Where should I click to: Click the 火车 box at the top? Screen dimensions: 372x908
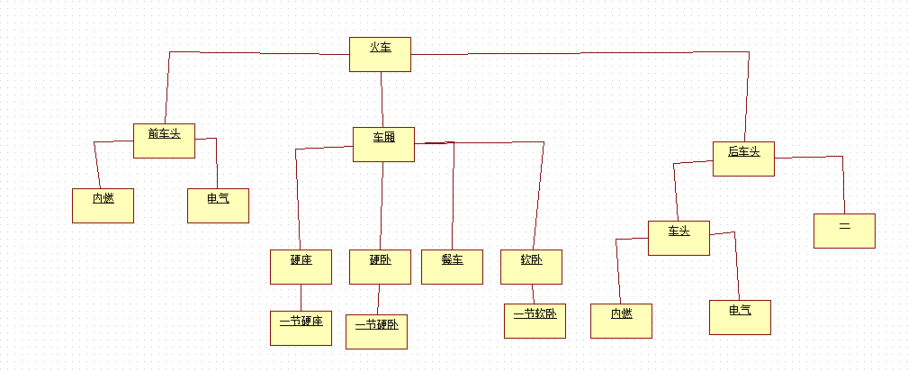[x=380, y=54]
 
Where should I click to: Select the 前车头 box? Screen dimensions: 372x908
[x=164, y=141]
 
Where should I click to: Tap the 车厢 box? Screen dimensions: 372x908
[x=383, y=144]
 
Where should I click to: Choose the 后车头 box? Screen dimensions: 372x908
[x=743, y=159]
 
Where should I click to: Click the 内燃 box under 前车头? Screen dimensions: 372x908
[x=103, y=205]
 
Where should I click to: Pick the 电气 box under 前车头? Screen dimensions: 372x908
[x=218, y=205]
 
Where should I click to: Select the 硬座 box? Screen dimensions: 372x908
[x=301, y=268]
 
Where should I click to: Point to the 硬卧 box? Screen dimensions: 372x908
[x=380, y=268]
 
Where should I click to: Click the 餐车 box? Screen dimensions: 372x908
[x=452, y=268]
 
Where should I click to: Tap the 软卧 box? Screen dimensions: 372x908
[x=531, y=268]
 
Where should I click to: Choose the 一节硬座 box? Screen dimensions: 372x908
[x=301, y=328]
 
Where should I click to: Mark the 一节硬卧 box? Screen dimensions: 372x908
[x=376, y=331]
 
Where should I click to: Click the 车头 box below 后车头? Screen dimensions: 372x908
[x=679, y=238]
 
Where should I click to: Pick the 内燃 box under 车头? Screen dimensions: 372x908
[x=621, y=321]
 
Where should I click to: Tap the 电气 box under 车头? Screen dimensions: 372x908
[x=740, y=317]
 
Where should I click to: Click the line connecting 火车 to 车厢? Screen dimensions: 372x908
[x=382, y=99]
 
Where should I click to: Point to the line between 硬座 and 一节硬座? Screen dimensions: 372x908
[x=301, y=298]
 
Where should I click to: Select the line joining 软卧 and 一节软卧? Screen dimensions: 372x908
[x=533, y=295]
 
